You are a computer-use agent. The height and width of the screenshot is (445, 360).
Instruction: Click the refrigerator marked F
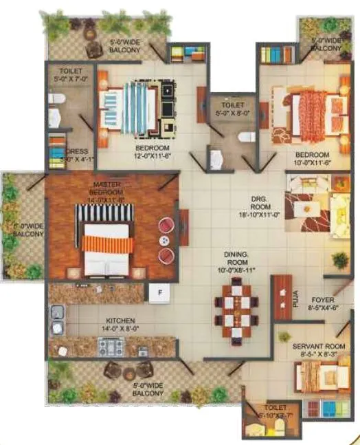159,293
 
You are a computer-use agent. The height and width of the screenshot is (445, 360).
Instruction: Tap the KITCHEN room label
120,321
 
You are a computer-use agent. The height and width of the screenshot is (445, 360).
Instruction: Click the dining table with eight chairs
235,310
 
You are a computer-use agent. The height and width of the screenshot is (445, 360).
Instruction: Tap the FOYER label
323,300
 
